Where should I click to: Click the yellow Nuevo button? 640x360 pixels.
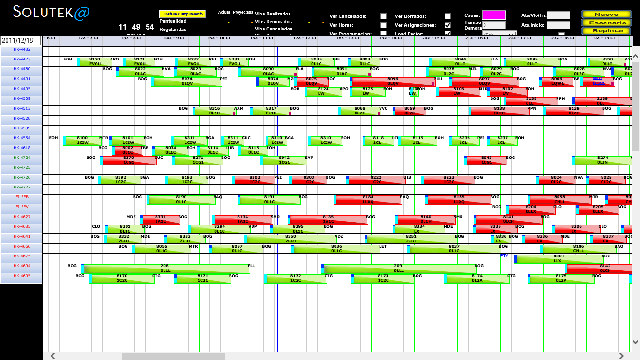(x=606, y=15)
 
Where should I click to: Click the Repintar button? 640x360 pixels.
(x=606, y=31)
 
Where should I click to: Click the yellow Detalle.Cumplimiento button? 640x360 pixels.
(x=183, y=14)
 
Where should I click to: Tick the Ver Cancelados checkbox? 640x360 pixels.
(x=383, y=16)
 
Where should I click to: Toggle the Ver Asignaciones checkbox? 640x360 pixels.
(x=447, y=25)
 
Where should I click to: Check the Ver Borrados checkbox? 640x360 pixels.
(x=447, y=16)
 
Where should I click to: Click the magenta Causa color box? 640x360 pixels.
(x=494, y=15)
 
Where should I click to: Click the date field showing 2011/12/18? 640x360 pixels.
(x=21, y=41)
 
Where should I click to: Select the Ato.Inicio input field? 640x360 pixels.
(x=558, y=25)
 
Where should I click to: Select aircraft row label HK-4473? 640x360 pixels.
(x=22, y=59)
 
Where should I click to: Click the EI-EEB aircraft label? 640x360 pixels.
(x=22, y=197)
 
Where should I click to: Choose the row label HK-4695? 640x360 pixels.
(x=22, y=276)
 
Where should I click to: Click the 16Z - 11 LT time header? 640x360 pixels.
(x=261, y=38)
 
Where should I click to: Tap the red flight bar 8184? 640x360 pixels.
(x=367, y=200)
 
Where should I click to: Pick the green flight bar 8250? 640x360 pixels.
(x=290, y=240)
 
